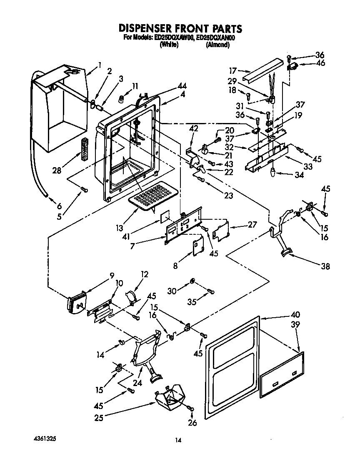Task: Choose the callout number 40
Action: tap(295, 315)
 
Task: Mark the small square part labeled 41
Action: tap(165, 215)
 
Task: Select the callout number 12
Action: tap(145, 274)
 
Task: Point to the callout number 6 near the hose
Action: tap(59, 206)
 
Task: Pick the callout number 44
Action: tap(182, 86)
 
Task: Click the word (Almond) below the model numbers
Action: tap(217, 45)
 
